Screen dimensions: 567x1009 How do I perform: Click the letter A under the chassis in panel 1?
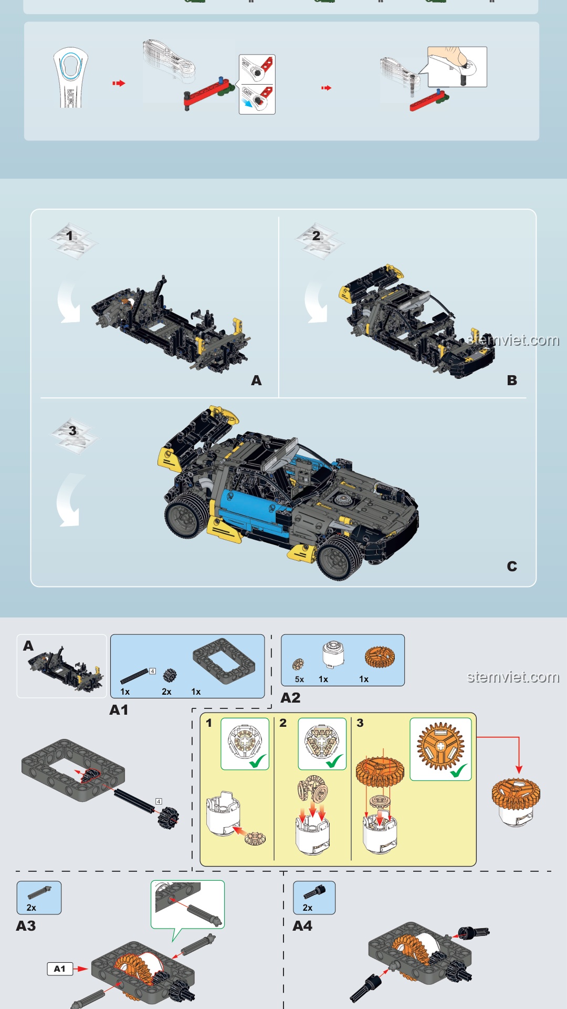pyautogui.click(x=256, y=380)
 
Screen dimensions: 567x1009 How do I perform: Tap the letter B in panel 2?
pyautogui.click(x=512, y=380)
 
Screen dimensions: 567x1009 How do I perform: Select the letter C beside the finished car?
pyautogui.click(x=512, y=566)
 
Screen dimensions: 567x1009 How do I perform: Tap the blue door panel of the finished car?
pyautogui.click(x=247, y=509)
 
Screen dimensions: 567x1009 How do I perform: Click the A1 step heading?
pyautogui.click(x=119, y=710)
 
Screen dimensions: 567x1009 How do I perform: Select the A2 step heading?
pyautogui.click(x=290, y=698)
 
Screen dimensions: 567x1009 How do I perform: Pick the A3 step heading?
pyautogui.click(x=26, y=926)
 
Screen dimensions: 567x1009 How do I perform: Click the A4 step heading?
pyautogui.click(x=302, y=926)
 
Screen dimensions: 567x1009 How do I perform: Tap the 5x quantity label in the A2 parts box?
pyautogui.click(x=299, y=679)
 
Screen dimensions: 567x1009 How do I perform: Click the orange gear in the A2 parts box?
pyautogui.click(x=380, y=657)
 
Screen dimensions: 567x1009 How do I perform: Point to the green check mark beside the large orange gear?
pyautogui.click(x=458, y=771)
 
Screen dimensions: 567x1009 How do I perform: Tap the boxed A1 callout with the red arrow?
pyautogui.click(x=60, y=969)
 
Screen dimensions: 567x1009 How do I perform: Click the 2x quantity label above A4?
pyautogui.click(x=308, y=908)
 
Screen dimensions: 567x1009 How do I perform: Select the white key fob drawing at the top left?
pyautogui.click(x=70, y=77)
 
